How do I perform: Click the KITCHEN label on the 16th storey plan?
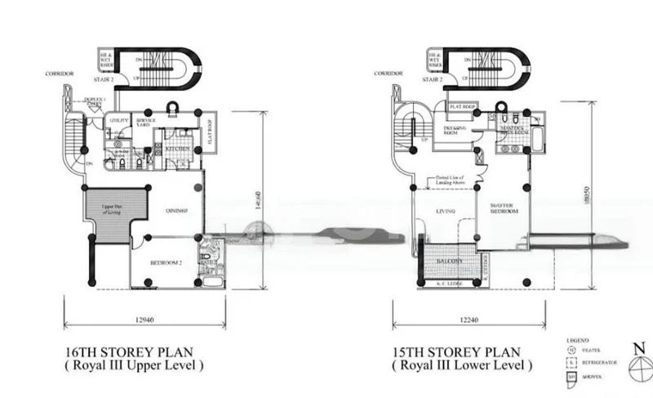tap(178, 150)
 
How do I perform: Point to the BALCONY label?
tap(449, 262)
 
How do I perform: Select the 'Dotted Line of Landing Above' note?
tap(451, 181)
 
